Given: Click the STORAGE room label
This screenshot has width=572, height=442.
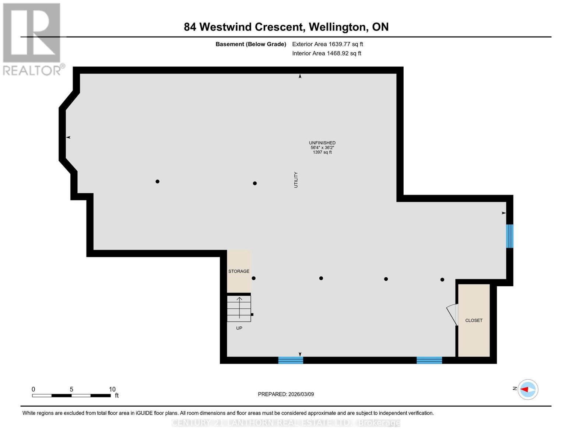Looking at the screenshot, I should click(239, 271).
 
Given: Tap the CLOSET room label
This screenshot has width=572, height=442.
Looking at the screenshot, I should click(474, 320).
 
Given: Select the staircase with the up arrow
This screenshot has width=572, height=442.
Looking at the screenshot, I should click(239, 308).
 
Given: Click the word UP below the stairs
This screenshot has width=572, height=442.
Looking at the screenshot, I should click(239, 328).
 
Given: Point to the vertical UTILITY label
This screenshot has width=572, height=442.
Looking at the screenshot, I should click(296, 180).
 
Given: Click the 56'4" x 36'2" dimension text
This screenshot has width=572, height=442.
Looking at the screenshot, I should click(322, 147).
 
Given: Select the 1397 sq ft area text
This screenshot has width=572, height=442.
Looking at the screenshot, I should click(322, 152).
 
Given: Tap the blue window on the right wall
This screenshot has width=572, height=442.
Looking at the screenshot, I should click(509, 236).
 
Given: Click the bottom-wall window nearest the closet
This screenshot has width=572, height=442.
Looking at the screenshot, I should click(429, 360).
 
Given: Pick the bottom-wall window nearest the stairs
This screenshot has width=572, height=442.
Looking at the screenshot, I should click(291, 360).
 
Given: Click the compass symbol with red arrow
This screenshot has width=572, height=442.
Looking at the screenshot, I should click(528, 389).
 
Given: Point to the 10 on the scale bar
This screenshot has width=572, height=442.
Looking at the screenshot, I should click(112, 389).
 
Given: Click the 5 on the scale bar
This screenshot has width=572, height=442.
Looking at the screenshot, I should click(71, 389).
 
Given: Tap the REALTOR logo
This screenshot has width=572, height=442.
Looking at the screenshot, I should click(32, 39).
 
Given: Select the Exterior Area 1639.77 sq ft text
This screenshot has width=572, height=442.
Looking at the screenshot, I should click(327, 44).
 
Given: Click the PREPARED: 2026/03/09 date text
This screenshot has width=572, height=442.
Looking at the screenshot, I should click(286, 394).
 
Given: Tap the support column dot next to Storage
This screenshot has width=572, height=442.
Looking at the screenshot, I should click(253, 278).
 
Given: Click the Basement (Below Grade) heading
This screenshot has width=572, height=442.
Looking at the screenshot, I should click(251, 44).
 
